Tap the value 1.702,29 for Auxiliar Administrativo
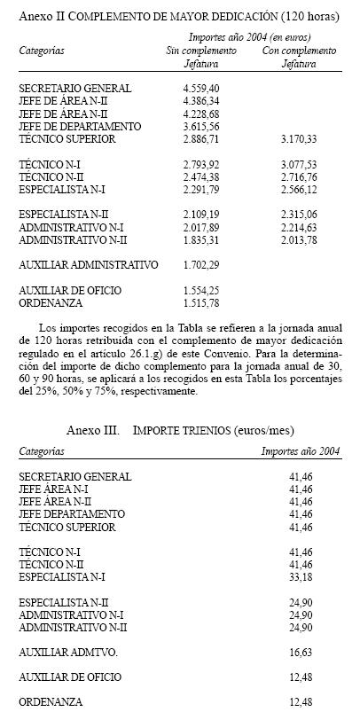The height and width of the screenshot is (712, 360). tap(201, 264)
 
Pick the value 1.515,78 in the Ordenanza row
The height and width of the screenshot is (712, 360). tap(201, 302)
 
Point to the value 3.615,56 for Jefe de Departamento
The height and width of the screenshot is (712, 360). tap(201, 127)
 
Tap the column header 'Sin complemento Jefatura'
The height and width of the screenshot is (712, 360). tap(202, 57)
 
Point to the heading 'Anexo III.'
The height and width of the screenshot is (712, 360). tap(93, 430)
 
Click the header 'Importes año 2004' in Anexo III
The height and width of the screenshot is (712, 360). tap(300, 450)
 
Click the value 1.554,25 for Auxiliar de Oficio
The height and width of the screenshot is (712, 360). tap(201, 290)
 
